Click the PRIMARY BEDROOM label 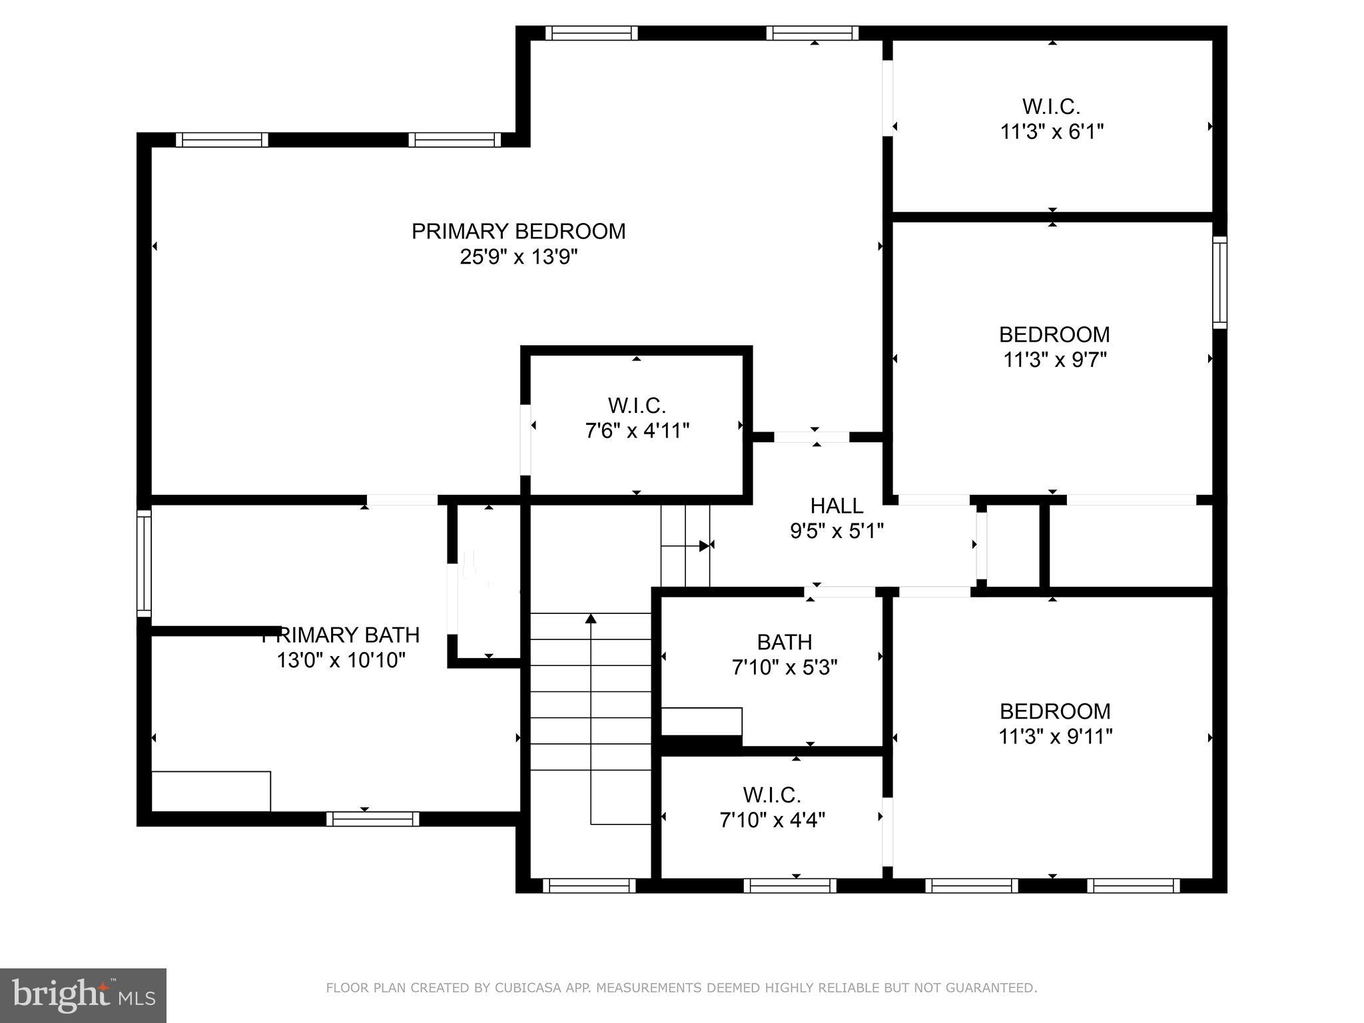pos(518,231)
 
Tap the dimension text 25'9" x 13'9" pos(518,256)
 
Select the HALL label pos(837,506)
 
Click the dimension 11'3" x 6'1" pos(1052,132)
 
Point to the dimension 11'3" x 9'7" pos(1055,360)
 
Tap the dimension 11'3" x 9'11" pos(1055,737)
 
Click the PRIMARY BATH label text pos(341,635)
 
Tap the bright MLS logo pos(83,995)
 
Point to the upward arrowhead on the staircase pos(591,619)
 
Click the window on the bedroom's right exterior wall pos(1219,282)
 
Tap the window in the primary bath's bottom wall pos(373,819)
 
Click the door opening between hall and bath pos(839,591)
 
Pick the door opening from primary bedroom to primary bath pos(402,500)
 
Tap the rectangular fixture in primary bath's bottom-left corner pos(211,791)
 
